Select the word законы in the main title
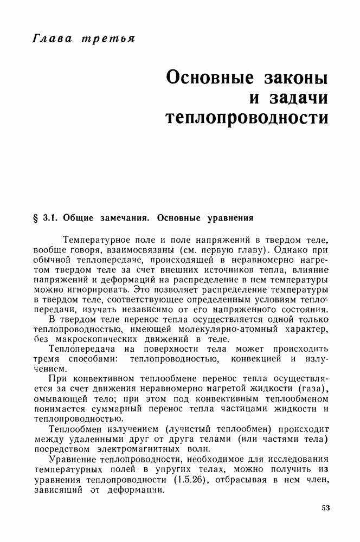294,77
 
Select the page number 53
325,508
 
